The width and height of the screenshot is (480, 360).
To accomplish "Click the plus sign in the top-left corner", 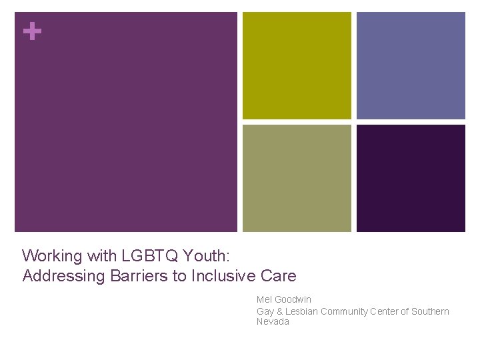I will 31,31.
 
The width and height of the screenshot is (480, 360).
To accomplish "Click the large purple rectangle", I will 126,122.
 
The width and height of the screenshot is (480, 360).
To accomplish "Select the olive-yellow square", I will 297,66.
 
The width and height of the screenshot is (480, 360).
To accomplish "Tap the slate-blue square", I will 411,66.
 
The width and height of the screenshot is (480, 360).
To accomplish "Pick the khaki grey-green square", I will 297,178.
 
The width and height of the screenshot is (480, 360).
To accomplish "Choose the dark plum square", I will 411,178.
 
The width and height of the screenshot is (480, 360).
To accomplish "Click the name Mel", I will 264,300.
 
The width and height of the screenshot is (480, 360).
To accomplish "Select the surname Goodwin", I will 293,300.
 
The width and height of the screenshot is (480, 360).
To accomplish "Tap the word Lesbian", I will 301,311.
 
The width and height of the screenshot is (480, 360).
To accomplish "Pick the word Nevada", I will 273,322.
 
